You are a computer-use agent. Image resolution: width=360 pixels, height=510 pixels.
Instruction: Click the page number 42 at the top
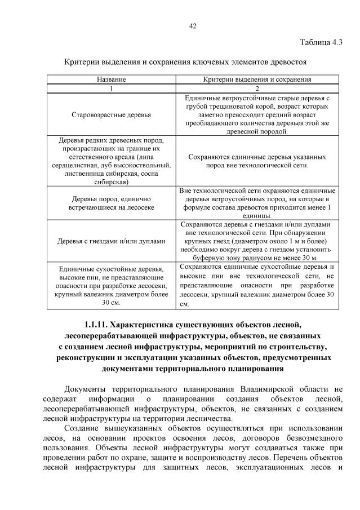(192, 25)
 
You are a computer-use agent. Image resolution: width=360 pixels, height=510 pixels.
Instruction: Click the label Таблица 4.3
(321, 42)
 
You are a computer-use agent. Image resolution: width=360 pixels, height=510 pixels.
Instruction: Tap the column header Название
(111, 80)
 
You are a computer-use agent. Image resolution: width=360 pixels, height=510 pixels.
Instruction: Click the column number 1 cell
(111, 89)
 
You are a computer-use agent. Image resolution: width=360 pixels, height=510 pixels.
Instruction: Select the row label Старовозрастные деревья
(111, 115)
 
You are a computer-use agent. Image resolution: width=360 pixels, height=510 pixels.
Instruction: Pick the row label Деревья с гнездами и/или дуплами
(111, 241)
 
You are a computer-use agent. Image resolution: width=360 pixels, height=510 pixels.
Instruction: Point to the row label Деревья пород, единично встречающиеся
(111, 203)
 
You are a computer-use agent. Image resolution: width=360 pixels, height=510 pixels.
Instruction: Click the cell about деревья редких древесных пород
(111, 161)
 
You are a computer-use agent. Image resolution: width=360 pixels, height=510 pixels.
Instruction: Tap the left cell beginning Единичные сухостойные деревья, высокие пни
(111, 286)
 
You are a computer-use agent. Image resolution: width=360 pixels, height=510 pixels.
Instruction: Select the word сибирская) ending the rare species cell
(111, 182)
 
